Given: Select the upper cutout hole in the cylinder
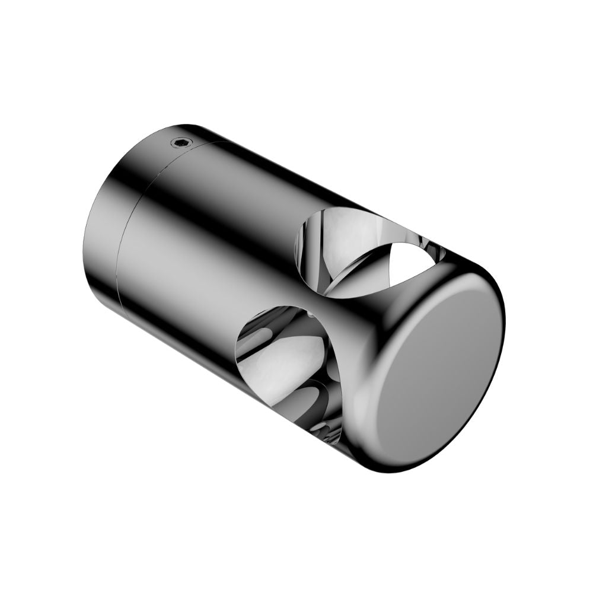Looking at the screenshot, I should [x=362, y=249].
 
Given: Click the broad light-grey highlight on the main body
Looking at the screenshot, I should [x=196, y=267].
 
